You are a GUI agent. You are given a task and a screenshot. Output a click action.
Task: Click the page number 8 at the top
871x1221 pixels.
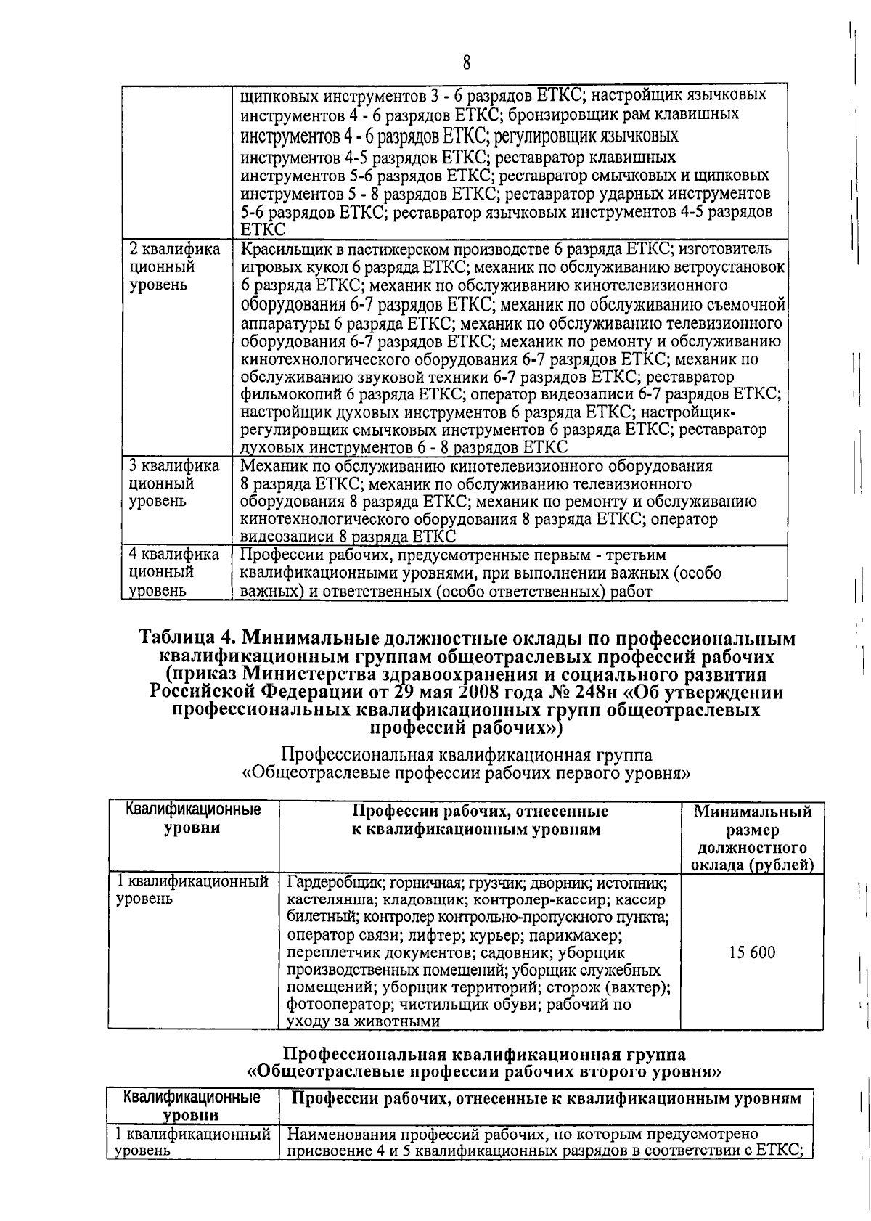[467, 63]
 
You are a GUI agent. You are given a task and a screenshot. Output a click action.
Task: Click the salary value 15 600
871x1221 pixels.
[752, 952]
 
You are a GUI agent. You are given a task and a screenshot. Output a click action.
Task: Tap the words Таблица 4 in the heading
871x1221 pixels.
[186, 639]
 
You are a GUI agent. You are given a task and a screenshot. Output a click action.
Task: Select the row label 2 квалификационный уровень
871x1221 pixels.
[173, 267]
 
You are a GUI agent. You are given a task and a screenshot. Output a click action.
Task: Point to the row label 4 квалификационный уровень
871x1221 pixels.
[173, 573]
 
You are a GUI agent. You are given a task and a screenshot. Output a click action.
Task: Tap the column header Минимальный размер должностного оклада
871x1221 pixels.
[752, 838]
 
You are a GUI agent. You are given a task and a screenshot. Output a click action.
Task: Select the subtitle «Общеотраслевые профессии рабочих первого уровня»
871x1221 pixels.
[465, 773]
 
